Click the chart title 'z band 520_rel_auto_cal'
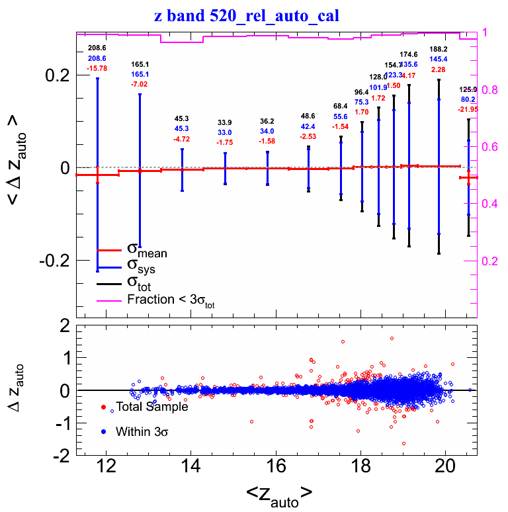(x=246, y=15)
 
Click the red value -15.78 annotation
(x=97, y=68)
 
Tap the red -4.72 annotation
(x=182, y=139)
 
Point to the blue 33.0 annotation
(x=226, y=132)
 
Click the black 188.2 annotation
(x=439, y=50)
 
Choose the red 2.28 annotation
(x=439, y=69)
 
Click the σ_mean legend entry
(x=147, y=250)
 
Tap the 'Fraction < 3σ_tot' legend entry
(x=171, y=300)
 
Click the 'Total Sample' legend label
(x=152, y=407)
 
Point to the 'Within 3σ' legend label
(x=142, y=432)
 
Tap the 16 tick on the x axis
(x=276, y=468)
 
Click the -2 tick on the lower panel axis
(x=62, y=456)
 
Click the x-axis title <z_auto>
(x=279, y=493)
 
